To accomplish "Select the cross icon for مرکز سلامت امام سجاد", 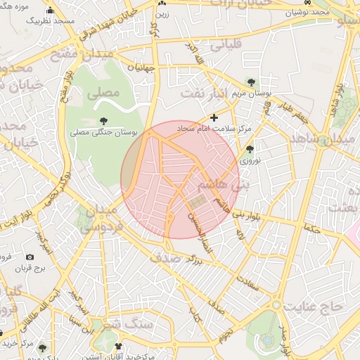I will (x=214, y=117).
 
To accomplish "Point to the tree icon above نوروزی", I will (x=251, y=148).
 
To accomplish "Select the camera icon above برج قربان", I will (x=30, y=257).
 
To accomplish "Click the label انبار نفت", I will (x=204, y=92).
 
